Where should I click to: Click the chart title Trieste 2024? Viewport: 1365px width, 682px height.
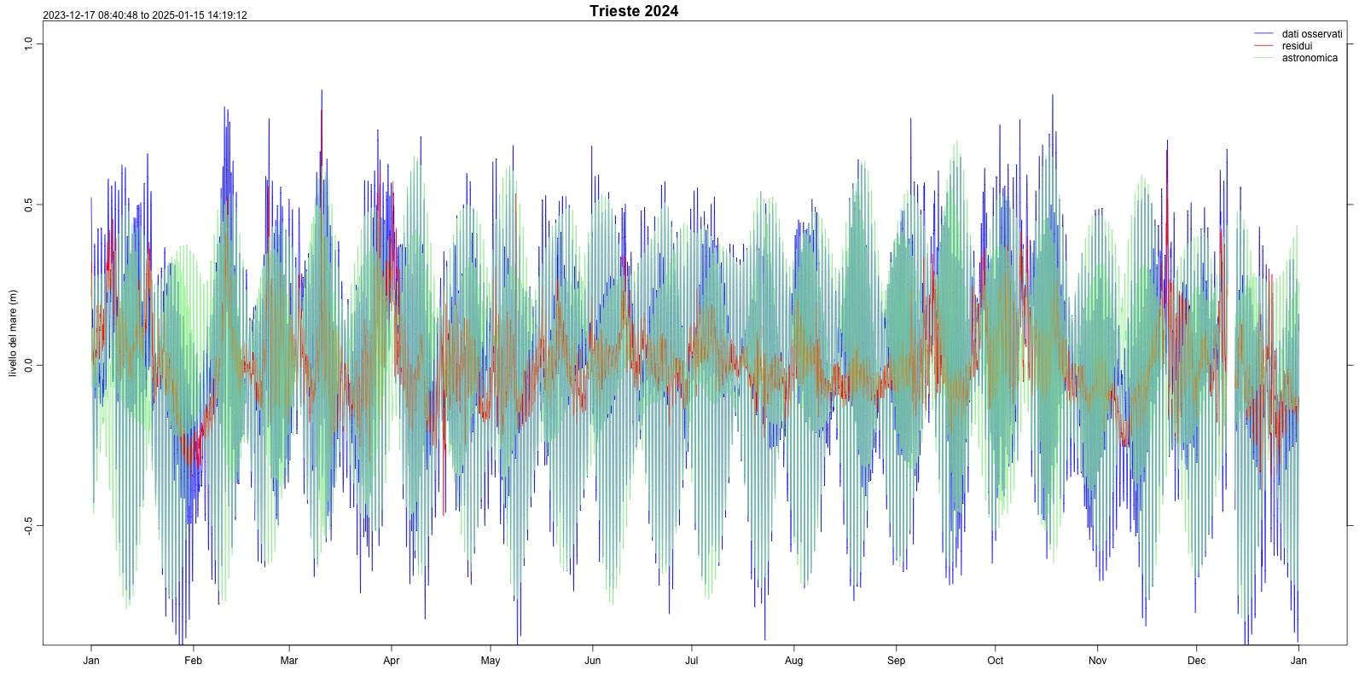click(x=634, y=11)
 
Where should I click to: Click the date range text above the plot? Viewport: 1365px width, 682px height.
click(x=145, y=15)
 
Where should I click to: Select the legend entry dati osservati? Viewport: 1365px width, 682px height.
click(x=1311, y=34)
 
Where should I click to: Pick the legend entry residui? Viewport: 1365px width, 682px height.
click(x=1297, y=46)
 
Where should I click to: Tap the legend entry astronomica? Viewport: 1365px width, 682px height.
click(x=1310, y=58)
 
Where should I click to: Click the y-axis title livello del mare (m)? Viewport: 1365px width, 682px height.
click(x=13, y=333)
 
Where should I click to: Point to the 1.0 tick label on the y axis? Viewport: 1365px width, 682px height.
click(x=28, y=43)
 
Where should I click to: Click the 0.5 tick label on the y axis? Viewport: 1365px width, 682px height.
click(x=28, y=205)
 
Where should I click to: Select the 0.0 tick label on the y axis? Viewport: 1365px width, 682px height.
click(x=28, y=366)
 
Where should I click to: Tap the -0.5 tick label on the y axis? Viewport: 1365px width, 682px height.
click(x=28, y=526)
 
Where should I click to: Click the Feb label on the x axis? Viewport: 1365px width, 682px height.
click(x=193, y=661)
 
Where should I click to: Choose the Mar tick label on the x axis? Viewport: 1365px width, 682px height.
click(x=289, y=661)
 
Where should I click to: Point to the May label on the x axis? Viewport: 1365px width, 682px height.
click(x=491, y=661)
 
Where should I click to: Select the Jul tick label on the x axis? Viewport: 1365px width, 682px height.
click(x=692, y=661)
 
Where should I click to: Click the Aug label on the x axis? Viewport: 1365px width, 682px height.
click(x=793, y=661)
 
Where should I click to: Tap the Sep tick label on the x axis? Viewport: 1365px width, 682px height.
click(x=896, y=661)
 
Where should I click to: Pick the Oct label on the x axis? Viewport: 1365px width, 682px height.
click(x=995, y=661)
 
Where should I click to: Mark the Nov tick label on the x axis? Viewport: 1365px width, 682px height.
click(x=1097, y=661)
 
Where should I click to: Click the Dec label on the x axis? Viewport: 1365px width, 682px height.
click(x=1196, y=661)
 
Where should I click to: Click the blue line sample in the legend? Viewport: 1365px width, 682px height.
click(x=1263, y=34)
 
